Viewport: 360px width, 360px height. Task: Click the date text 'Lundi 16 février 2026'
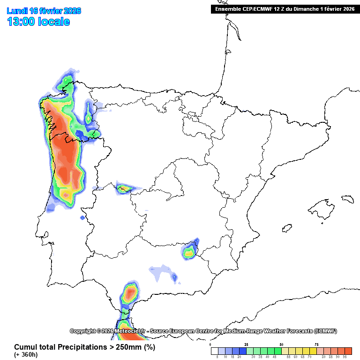pyautogui.click(x=44, y=11)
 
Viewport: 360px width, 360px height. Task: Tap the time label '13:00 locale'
pyautogui.click(x=38, y=22)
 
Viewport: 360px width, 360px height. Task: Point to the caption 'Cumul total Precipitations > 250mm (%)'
pyautogui.click(x=84, y=347)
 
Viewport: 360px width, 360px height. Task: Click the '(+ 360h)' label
pyautogui.click(x=26, y=355)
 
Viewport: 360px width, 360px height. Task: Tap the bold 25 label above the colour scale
pyautogui.click(x=246, y=345)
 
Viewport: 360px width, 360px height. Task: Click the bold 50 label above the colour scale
pyautogui.click(x=281, y=345)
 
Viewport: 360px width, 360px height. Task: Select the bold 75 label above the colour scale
pyautogui.click(x=316, y=345)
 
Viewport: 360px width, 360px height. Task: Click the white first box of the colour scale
pyautogui.click(x=214, y=351)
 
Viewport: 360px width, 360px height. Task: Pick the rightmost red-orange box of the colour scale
pyautogui.click(x=348, y=351)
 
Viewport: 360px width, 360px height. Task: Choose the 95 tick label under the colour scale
pyautogui.click(x=345, y=357)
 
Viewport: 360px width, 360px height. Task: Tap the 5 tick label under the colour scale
pyautogui.click(x=217, y=357)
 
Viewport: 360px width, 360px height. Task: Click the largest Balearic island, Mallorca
pyautogui.click(x=322, y=207)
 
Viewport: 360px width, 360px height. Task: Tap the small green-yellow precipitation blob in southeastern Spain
pyautogui.click(x=189, y=253)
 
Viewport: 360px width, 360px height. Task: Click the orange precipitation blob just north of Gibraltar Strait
pyautogui.click(x=130, y=294)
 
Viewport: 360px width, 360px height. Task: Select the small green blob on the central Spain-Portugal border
pyautogui.click(x=125, y=189)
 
